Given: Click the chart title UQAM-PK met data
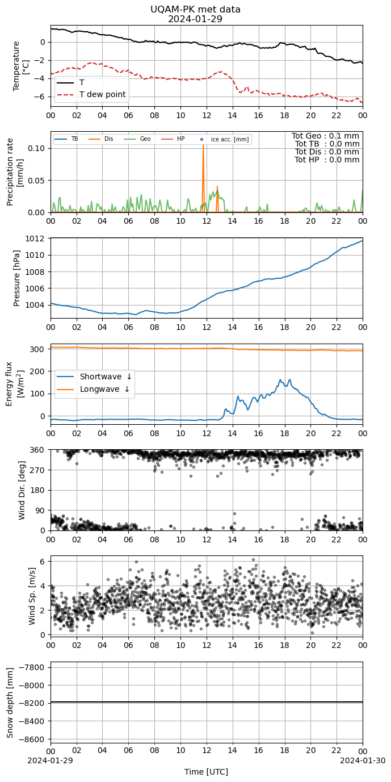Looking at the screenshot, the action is point(195,10).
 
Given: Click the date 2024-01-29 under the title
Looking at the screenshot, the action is point(195,19).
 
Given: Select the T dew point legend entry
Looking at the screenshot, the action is point(91,95).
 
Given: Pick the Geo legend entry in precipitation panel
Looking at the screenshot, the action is point(137,139).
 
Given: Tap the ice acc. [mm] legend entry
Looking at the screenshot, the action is point(224,139).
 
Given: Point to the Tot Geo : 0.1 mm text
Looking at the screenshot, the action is point(325,136).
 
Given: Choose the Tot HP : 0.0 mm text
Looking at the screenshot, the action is point(327,160).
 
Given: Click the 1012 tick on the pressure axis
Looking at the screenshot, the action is point(35,239).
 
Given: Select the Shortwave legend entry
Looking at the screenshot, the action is point(94,377).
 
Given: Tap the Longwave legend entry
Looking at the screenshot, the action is point(93,389).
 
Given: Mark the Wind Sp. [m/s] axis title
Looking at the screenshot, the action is point(32,596).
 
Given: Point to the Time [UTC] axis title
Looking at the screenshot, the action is point(207,772).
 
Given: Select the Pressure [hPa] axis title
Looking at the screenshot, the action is point(16,278).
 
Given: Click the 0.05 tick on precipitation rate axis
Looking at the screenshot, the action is point(36,181).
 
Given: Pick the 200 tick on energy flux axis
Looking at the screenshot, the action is point(38,371).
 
